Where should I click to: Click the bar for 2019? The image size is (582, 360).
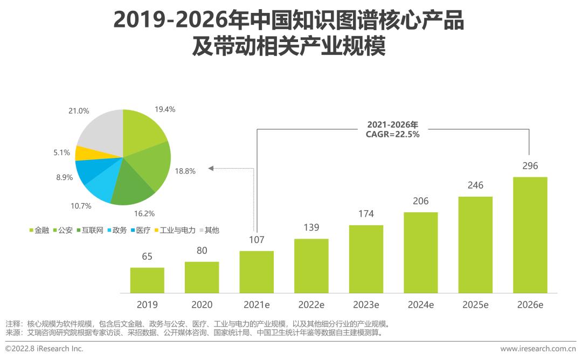[x=147, y=280]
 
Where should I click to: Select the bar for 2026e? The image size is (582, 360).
[x=530, y=235]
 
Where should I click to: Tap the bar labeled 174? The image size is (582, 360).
[x=366, y=259]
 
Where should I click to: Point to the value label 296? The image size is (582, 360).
[x=530, y=166]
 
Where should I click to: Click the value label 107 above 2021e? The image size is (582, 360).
[x=257, y=240]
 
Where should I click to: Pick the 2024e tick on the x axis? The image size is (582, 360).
[x=420, y=304]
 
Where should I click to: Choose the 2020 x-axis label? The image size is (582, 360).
[x=202, y=304]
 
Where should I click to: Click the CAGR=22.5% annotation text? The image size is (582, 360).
[x=392, y=135]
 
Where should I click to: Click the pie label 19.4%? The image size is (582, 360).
[x=165, y=109]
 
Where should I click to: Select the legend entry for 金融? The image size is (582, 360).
[x=39, y=230]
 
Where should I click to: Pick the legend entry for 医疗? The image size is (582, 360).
[x=140, y=230]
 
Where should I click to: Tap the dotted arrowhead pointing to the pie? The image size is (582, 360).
[x=211, y=169]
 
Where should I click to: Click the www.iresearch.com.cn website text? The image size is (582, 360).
[x=538, y=349]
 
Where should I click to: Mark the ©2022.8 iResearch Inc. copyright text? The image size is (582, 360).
[x=44, y=349]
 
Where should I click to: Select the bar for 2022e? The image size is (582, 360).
[x=311, y=266]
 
